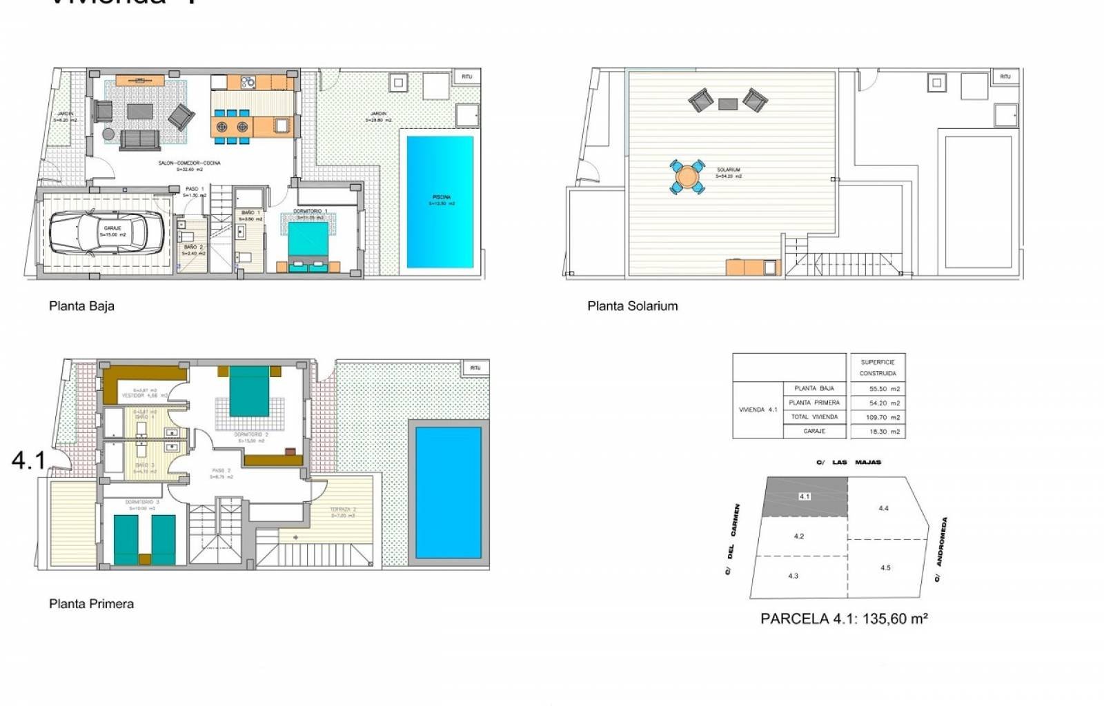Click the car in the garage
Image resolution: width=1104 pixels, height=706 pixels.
tap(107, 232)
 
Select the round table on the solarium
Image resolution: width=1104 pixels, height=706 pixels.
tap(687, 177)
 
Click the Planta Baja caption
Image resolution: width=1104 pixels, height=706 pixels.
tap(81, 306)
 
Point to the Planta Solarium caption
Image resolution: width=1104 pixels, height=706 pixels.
tap(632, 306)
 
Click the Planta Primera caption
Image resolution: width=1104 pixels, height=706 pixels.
tap(91, 604)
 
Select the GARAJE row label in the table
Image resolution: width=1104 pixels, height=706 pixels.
tap(814, 431)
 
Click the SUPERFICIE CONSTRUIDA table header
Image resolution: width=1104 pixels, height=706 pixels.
tap(878, 367)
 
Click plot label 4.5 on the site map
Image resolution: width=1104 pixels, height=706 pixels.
tap(885, 568)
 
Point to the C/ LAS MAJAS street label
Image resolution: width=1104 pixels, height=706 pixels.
tap(849, 463)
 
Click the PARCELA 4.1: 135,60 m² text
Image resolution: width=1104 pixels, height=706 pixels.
tap(843, 619)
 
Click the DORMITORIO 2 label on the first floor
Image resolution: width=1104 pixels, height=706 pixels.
tap(250, 435)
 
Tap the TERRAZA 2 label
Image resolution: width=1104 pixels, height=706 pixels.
tap(342, 511)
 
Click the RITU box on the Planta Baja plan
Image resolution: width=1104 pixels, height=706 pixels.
tap(466, 77)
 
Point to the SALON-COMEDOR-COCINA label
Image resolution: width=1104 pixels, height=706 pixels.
tap(189, 163)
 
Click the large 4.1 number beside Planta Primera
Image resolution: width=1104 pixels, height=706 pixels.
tap(28, 461)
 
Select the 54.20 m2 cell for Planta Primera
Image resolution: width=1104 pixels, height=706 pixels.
tap(884, 403)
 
